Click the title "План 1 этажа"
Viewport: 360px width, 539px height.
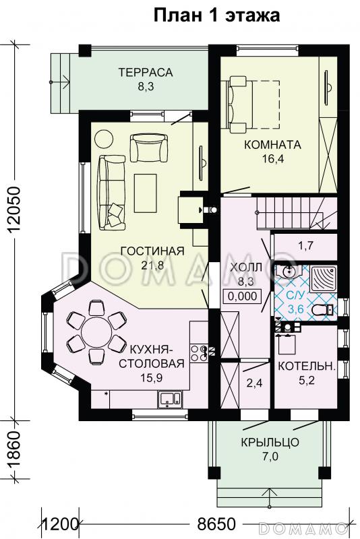[x=216, y=15]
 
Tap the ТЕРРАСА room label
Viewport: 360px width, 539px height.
[x=146, y=72]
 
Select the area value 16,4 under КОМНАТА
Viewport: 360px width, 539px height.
[x=272, y=158]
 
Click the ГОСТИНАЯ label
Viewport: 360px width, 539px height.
[x=152, y=251]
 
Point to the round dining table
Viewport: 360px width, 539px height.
[x=96, y=332]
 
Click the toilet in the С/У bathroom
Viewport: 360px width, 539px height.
[x=322, y=310]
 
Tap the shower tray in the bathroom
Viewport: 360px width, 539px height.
[x=323, y=278]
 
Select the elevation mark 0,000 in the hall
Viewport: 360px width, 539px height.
[x=243, y=296]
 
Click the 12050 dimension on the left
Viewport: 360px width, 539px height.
[x=14, y=210]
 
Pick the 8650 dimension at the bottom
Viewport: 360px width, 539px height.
[x=216, y=524]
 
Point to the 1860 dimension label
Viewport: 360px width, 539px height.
[x=14, y=449]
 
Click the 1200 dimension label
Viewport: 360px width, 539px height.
[x=59, y=525]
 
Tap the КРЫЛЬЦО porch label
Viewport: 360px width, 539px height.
[x=270, y=442]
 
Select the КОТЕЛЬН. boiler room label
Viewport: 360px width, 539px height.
[x=306, y=366]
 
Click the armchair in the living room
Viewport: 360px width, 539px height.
[x=149, y=148]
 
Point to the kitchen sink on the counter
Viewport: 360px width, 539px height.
[x=169, y=399]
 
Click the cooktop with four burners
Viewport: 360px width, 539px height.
[x=199, y=353]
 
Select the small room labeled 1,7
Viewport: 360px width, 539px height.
[x=305, y=246]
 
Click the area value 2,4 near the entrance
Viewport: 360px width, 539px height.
[x=254, y=383]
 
